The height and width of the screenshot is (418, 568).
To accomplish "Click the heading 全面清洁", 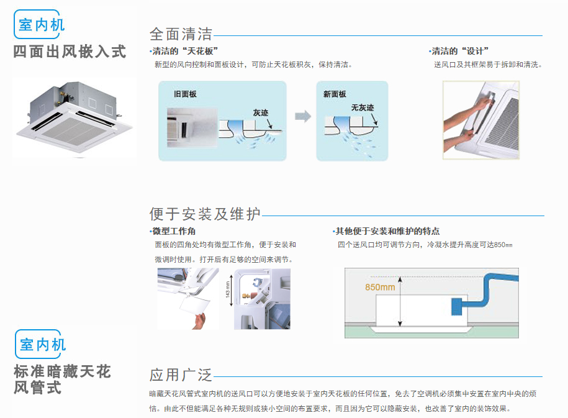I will click(181, 34).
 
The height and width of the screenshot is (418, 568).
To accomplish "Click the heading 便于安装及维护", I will click(205, 214).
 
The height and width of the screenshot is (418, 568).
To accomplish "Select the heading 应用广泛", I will click(181, 375).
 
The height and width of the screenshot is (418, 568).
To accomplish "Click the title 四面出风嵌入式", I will click(70, 52).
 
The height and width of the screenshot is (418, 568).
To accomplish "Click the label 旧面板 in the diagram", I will click(185, 94).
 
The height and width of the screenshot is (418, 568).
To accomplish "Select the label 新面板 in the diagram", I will click(335, 94).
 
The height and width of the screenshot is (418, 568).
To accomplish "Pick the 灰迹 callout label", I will click(260, 113).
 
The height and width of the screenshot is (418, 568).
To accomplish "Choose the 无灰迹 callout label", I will click(362, 107).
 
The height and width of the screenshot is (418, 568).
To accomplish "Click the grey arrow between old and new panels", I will click(302, 116).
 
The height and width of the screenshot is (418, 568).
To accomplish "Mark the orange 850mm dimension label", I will click(380, 287).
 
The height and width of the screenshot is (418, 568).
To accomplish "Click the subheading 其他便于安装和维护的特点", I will click(387, 231).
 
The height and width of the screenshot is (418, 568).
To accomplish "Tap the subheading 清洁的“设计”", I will click(460, 52).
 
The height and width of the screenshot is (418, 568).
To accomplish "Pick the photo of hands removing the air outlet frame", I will click(480, 119).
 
